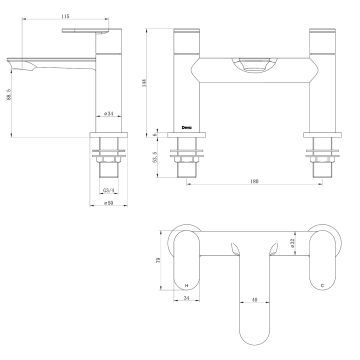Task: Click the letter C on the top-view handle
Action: click(320, 286)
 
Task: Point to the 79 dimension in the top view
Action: click(160, 261)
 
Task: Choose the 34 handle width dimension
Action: click(184, 298)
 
